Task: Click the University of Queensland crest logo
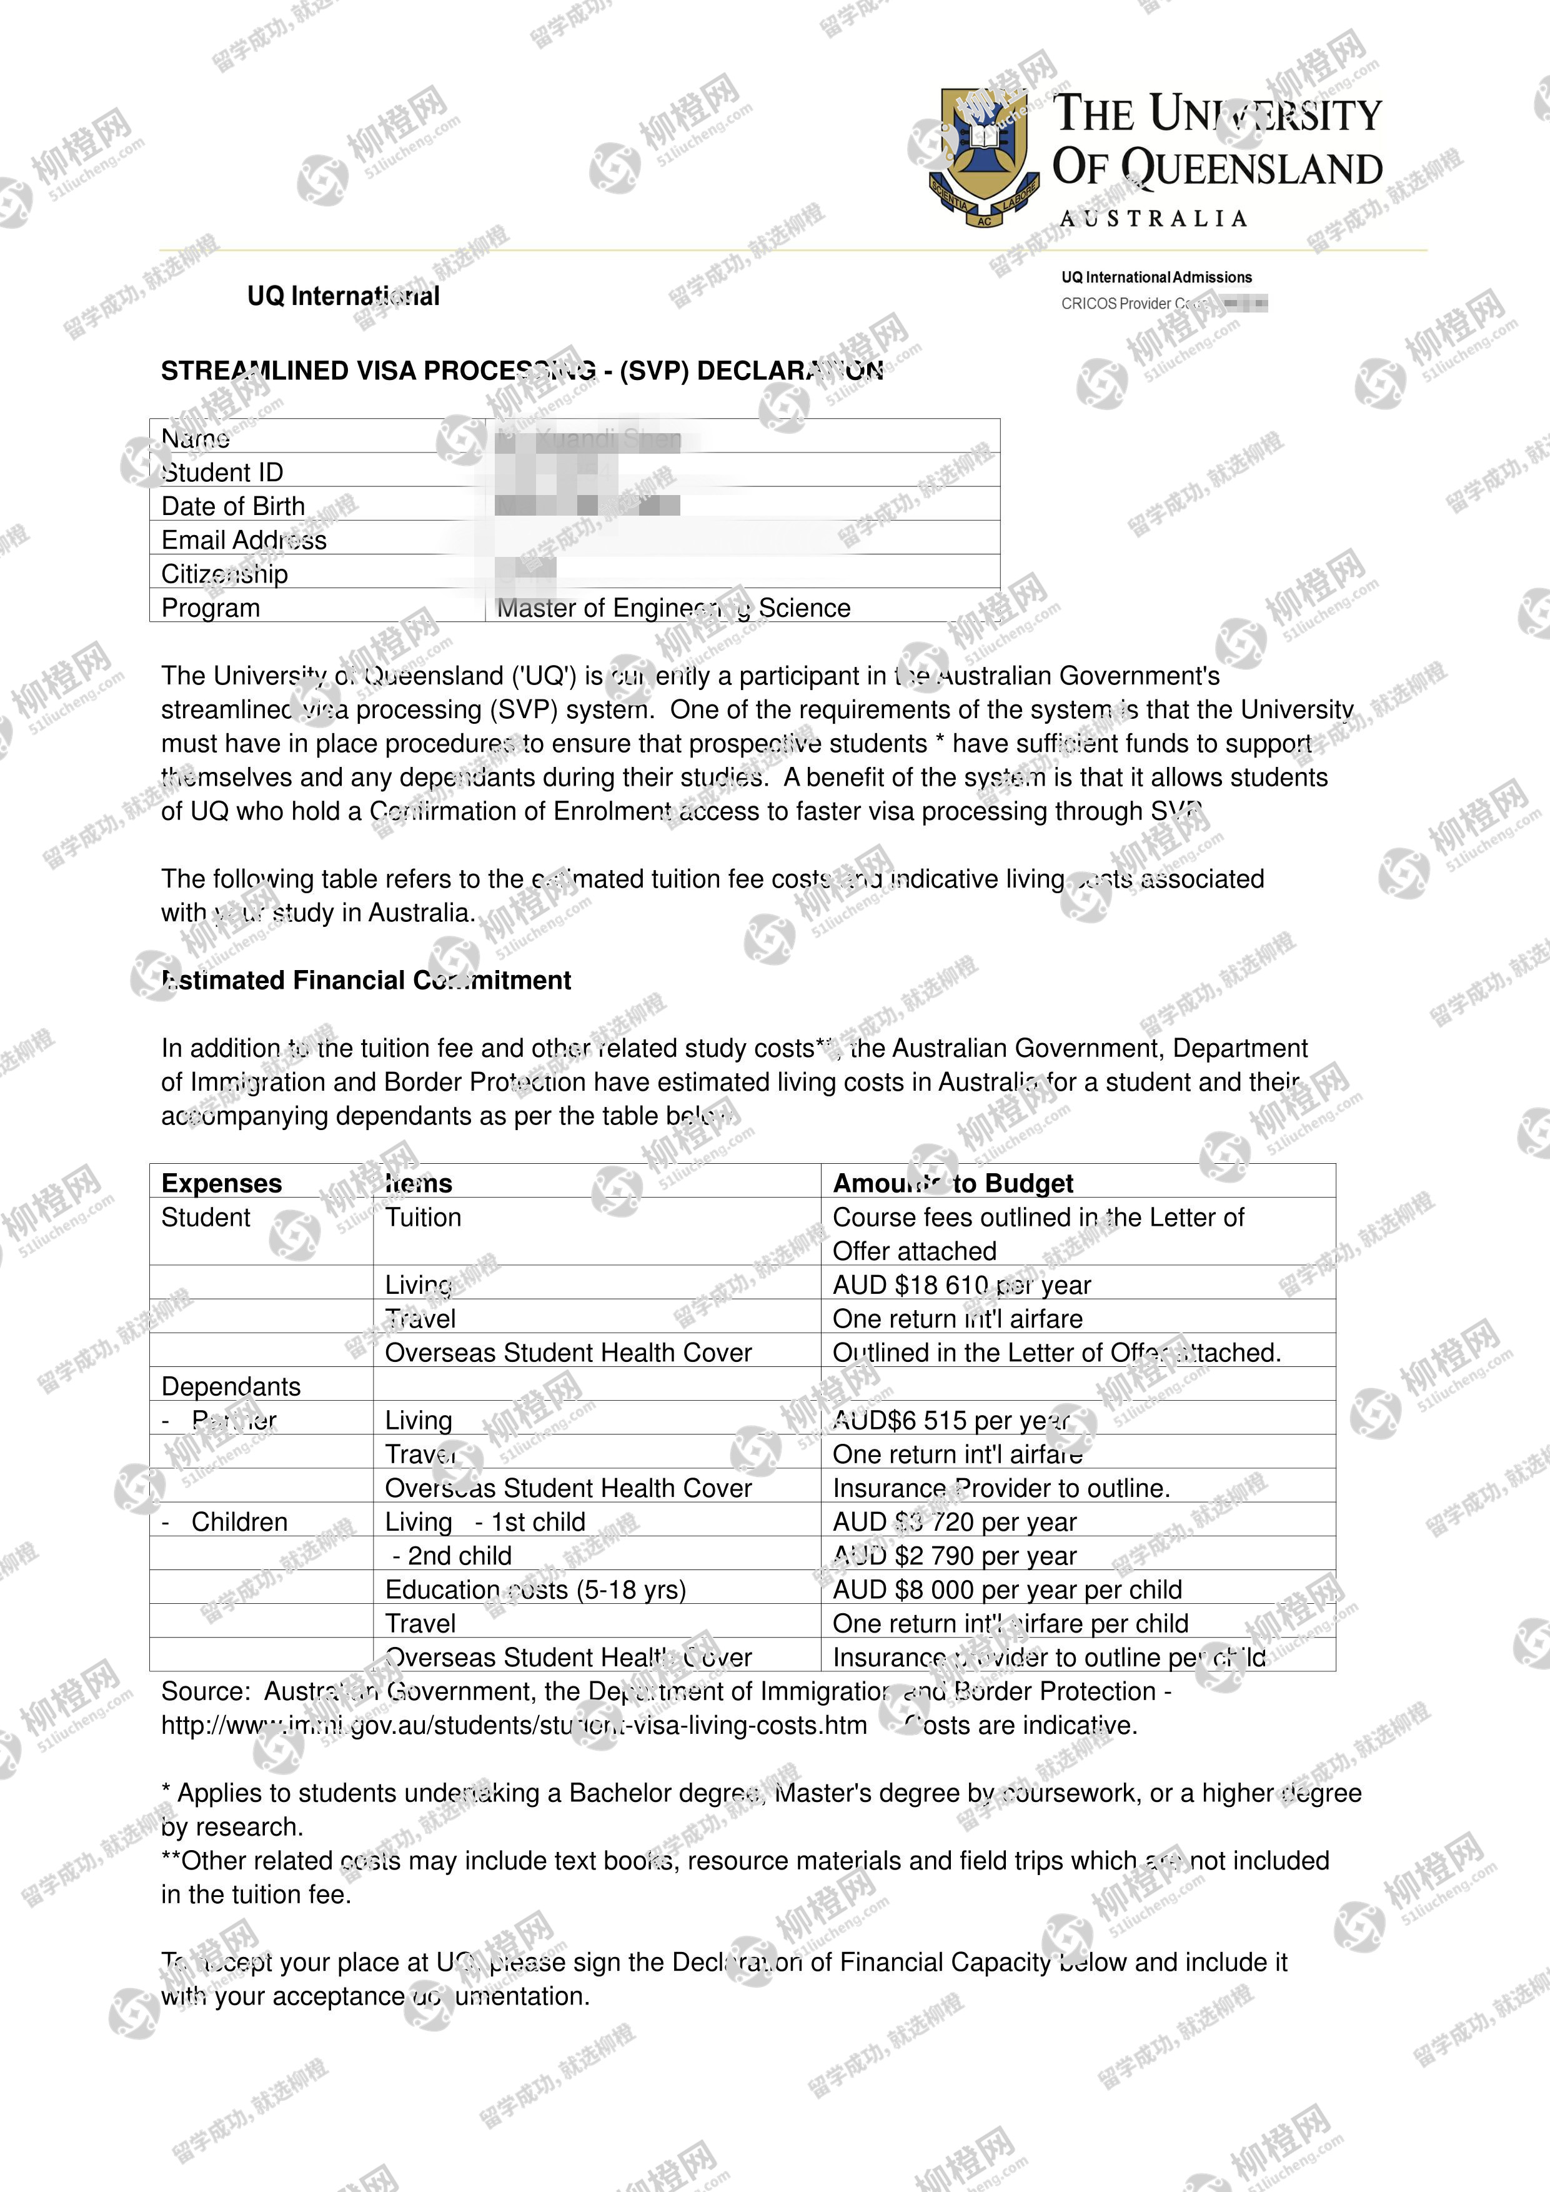[x=983, y=156]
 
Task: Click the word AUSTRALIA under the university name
[x=1154, y=219]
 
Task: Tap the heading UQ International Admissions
[x=1156, y=277]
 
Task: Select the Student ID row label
[x=222, y=473]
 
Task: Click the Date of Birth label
[x=233, y=506]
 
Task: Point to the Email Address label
[x=244, y=541]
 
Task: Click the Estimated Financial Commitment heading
[x=367, y=981]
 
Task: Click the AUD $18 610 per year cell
[x=961, y=1285]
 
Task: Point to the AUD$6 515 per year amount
[x=951, y=1421]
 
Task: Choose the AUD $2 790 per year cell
[x=955, y=1556]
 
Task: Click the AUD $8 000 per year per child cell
[x=1007, y=1589]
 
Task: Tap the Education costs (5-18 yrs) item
[x=535, y=1589]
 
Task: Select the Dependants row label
[x=231, y=1386]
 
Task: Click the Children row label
[x=239, y=1522]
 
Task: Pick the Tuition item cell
[x=423, y=1217]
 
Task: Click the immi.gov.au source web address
[x=514, y=1725]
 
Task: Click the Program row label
[x=210, y=608]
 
